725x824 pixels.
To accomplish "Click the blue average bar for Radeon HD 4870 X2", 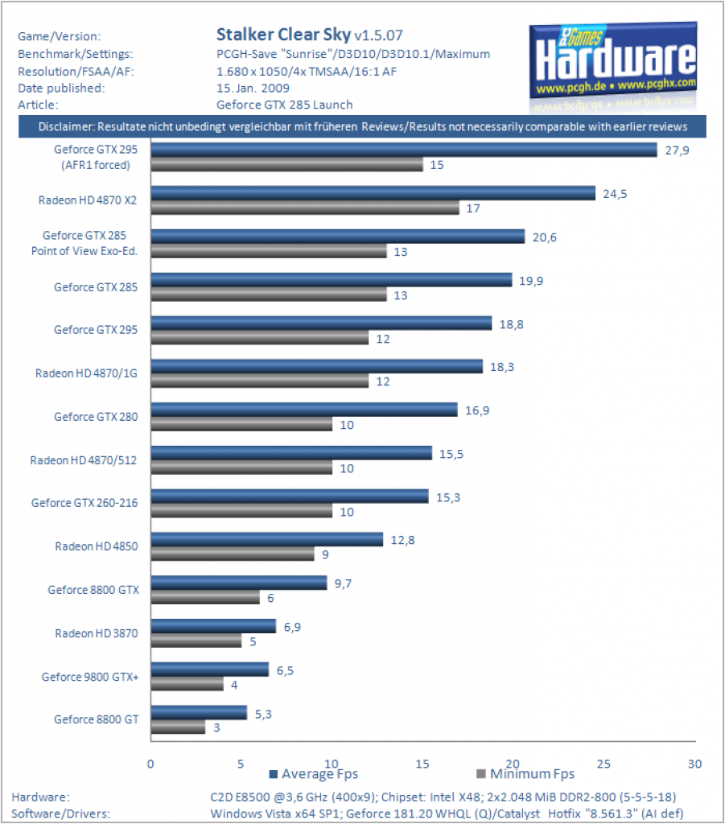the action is (x=373, y=193).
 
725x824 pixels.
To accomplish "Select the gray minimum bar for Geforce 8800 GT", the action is (x=178, y=727).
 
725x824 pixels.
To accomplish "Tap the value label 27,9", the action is (x=678, y=150).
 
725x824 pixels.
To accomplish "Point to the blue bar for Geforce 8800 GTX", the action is (x=239, y=583).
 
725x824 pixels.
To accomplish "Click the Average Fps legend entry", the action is (x=314, y=773).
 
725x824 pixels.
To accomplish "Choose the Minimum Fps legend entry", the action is (x=525, y=773).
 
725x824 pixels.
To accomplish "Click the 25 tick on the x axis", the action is (x=603, y=764).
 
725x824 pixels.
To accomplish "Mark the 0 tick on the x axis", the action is (x=150, y=764).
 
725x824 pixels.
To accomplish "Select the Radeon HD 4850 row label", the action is (x=97, y=546).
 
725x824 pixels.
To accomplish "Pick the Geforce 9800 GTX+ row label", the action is (x=90, y=677).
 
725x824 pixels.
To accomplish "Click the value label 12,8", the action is (x=402, y=540).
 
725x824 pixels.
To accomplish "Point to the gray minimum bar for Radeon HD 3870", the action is (x=196, y=641).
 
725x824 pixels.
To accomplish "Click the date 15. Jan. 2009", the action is (x=253, y=89).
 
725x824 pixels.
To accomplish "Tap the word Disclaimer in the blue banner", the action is (x=66, y=126).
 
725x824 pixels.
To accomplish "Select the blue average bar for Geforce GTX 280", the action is (x=304, y=410).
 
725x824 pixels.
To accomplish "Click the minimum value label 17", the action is (x=473, y=208).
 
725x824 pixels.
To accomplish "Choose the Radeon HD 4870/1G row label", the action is (x=86, y=373).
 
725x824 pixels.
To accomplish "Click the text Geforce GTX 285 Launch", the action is (x=284, y=105).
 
